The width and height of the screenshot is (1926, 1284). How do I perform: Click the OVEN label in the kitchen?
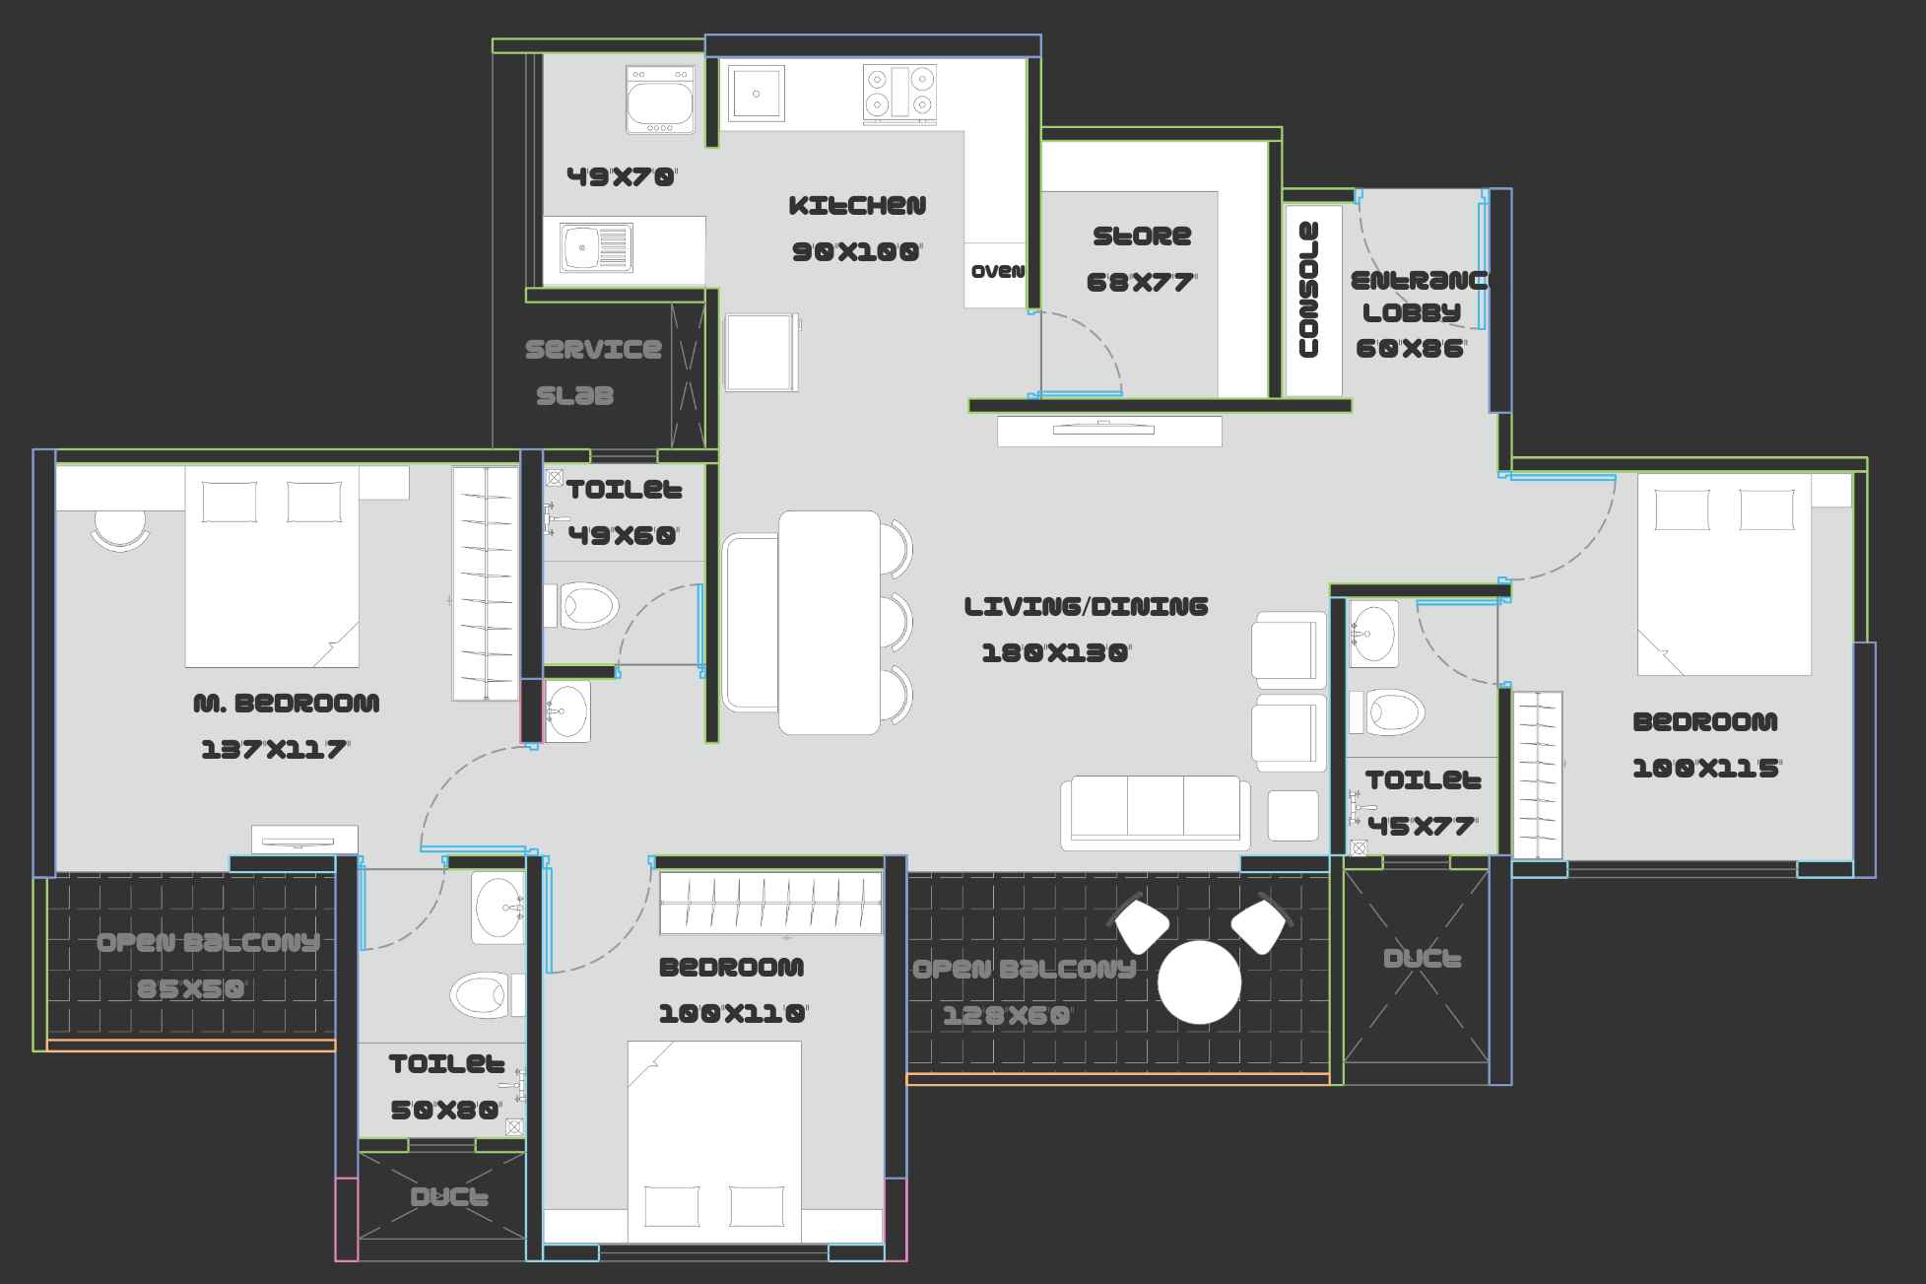coord(997,272)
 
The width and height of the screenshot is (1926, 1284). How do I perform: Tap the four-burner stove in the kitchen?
coord(898,93)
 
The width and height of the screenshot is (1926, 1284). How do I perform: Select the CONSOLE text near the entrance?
coord(1309,290)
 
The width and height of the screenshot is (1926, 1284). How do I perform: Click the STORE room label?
coord(1142,237)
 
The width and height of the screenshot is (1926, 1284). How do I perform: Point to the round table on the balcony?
coord(1199,982)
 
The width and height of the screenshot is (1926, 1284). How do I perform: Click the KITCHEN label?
coord(857,206)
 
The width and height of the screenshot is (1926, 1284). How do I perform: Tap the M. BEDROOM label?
coord(286,704)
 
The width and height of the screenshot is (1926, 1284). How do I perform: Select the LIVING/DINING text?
coord(1086,606)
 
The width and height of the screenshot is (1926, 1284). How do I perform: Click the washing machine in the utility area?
coord(660,100)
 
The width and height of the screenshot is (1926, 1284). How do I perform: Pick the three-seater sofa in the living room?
coord(1155,813)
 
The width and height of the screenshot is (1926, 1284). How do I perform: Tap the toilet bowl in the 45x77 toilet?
coord(1394,711)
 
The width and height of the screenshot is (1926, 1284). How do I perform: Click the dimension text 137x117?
coord(275,750)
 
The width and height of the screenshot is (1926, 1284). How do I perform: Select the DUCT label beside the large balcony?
coord(1422,959)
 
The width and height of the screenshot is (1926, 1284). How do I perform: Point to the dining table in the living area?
coord(829,622)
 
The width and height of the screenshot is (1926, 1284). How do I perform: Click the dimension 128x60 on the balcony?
coord(1006,1016)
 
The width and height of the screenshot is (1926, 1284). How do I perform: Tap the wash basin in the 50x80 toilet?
coord(498,907)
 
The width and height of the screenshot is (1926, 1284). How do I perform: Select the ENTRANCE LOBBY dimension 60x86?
coord(1411,348)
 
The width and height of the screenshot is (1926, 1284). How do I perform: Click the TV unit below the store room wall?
coord(1109,431)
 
